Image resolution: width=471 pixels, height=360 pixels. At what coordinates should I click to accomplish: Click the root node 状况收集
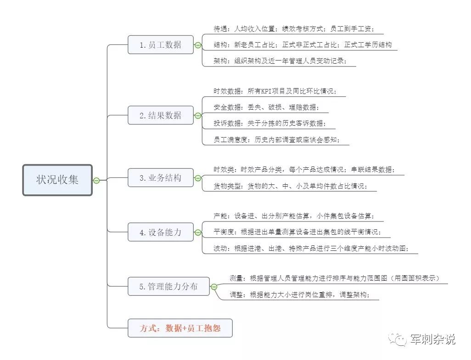[57, 180]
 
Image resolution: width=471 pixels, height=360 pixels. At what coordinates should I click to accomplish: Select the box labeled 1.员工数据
[160, 44]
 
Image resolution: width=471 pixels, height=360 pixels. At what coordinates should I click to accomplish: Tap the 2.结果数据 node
[160, 115]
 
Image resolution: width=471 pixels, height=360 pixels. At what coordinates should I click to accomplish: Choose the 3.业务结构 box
[160, 178]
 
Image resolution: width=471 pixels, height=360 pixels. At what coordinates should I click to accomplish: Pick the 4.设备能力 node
[160, 232]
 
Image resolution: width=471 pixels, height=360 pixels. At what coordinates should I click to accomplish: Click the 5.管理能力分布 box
[168, 287]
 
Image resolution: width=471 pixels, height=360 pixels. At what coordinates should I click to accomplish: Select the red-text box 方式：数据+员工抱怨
[180, 328]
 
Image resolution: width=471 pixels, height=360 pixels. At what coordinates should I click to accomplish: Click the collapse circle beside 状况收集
[96, 180]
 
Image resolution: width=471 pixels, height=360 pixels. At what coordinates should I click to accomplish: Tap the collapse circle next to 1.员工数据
[198, 45]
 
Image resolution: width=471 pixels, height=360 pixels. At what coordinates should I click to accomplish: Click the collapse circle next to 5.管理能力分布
[214, 287]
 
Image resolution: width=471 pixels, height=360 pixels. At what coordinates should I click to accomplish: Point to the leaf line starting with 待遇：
[294, 29]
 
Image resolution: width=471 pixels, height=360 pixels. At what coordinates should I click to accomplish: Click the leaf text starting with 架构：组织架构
[280, 61]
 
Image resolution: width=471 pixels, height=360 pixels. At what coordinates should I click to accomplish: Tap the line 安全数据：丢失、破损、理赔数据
[266, 107]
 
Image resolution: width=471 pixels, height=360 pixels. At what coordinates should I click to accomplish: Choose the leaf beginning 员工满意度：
[276, 140]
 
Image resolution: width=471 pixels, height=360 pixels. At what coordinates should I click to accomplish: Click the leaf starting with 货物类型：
[290, 186]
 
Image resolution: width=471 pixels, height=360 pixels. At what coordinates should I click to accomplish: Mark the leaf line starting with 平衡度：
[297, 232]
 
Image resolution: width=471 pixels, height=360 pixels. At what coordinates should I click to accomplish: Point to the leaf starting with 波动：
[311, 249]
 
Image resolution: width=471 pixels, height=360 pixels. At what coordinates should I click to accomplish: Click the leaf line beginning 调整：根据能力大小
[299, 295]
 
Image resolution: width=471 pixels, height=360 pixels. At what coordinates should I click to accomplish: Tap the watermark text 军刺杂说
[432, 339]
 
